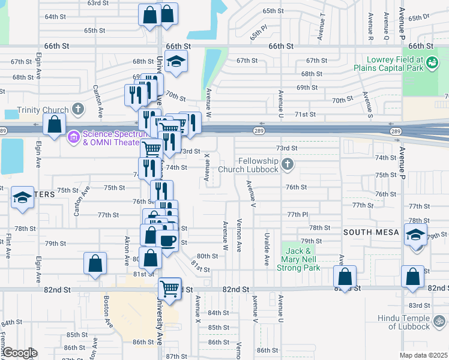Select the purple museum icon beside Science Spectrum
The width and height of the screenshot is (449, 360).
[x=74, y=137]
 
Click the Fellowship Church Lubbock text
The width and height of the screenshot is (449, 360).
[x=259, y=165]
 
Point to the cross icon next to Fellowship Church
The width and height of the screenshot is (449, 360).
[x=288, y=164]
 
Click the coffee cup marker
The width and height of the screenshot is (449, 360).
[x=167, y=241]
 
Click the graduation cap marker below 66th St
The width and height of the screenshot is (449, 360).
[x=176, y=61]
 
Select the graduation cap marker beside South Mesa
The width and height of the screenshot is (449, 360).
[x=415, y=235]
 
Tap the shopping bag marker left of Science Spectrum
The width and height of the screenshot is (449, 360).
[x=55, y=125]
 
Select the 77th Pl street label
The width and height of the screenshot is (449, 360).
[x=297, y=215]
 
